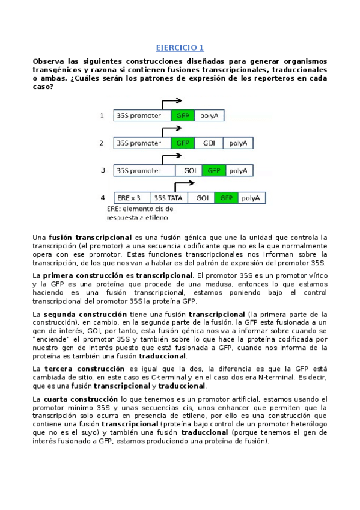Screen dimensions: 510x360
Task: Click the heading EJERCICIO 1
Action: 180,48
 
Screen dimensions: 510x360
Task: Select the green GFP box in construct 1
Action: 182,115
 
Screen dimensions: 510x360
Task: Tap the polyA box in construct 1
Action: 209,115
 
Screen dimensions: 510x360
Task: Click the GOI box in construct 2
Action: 209,143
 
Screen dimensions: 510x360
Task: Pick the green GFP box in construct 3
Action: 214,171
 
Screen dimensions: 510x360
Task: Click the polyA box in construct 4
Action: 250,198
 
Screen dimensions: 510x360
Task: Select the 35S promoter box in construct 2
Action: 142,143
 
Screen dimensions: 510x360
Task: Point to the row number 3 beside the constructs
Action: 103,171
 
